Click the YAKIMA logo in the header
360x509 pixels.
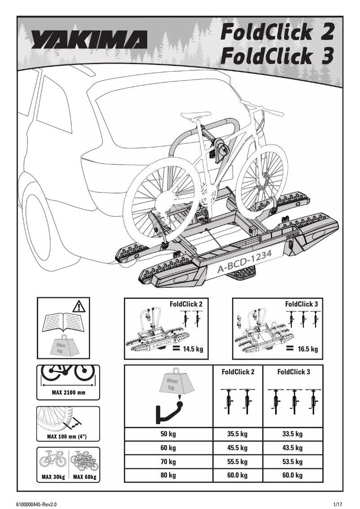(88, 40)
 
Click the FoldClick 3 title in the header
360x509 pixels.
(277, 57)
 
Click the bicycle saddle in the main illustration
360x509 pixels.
(193, 116)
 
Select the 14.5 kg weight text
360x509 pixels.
(193, 349)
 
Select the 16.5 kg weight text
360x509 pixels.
(307, 349)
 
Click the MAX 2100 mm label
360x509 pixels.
(68, 393)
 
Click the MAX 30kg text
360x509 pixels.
(53, 477)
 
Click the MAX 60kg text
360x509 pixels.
(84, 477)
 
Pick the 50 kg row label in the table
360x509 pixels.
(168, 434)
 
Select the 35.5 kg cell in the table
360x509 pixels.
(237, 434)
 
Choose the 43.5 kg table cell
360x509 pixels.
(293, 448)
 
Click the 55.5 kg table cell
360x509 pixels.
(237, 461)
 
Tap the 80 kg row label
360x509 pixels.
(168, 475)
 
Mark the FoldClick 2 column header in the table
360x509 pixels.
(238, 372)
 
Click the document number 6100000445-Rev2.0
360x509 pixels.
(39, 504)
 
